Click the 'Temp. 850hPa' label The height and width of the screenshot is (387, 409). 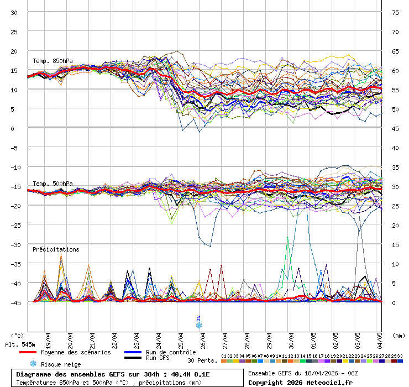(53, 61)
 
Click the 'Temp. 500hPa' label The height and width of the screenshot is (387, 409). (53, 184)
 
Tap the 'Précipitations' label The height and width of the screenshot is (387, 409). (56, 249)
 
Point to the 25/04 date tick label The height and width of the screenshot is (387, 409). (181, 338)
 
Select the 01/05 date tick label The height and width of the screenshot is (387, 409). (313, 338)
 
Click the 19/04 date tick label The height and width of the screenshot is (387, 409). (48, 338)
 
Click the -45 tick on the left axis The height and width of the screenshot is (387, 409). (13, 302)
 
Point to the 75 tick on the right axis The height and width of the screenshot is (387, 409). (395, 12)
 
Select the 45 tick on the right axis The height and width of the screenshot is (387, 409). (395, 128)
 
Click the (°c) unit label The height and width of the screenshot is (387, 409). (18, 335)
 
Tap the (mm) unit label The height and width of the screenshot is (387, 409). (398, 335)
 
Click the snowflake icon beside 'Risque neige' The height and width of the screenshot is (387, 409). (33, 364)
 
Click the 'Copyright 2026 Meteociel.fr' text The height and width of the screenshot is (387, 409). (300, 382)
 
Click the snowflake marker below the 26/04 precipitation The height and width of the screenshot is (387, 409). (199, 325)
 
